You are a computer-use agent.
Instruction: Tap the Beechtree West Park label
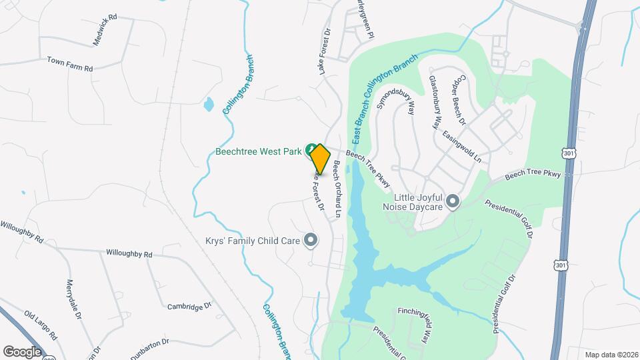coord(259,151)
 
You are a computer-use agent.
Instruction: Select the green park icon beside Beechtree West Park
coord(310,149)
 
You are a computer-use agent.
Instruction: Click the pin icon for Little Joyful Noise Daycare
coord(453,201)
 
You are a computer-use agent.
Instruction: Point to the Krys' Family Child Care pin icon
coord(309,239)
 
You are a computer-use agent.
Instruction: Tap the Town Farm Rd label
coord(69,64)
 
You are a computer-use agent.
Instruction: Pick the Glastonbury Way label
coord(435,101)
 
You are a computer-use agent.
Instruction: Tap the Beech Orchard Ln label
coord(337,189)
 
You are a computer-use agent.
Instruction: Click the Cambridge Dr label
coord(189,306)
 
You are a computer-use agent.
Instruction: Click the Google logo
coord(22,351)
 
